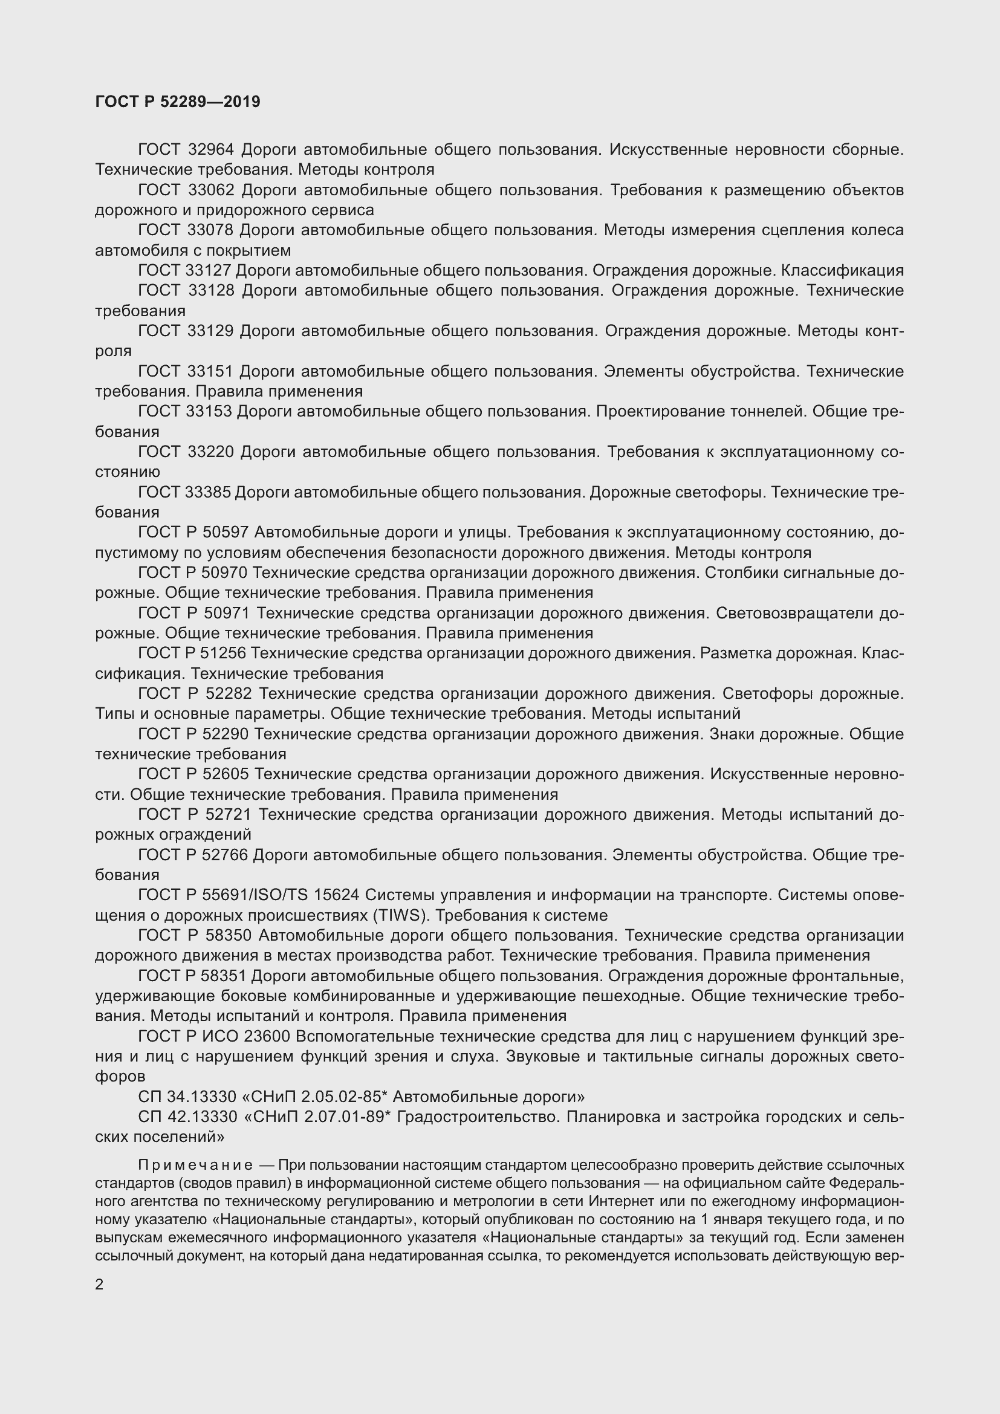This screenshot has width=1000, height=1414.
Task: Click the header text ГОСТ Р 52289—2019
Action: pos(177,102)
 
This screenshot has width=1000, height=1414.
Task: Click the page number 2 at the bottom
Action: pos(99,1285)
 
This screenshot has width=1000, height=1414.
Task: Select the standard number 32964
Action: pos(210,150)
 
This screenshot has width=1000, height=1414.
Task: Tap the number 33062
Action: pos(210,190)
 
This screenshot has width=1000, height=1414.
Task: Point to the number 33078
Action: pos(210,230)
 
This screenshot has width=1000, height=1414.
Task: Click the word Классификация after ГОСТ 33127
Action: pos(842,270)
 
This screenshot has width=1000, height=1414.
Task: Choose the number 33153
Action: pos(209,412)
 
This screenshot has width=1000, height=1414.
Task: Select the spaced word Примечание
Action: pos(195,1165)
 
